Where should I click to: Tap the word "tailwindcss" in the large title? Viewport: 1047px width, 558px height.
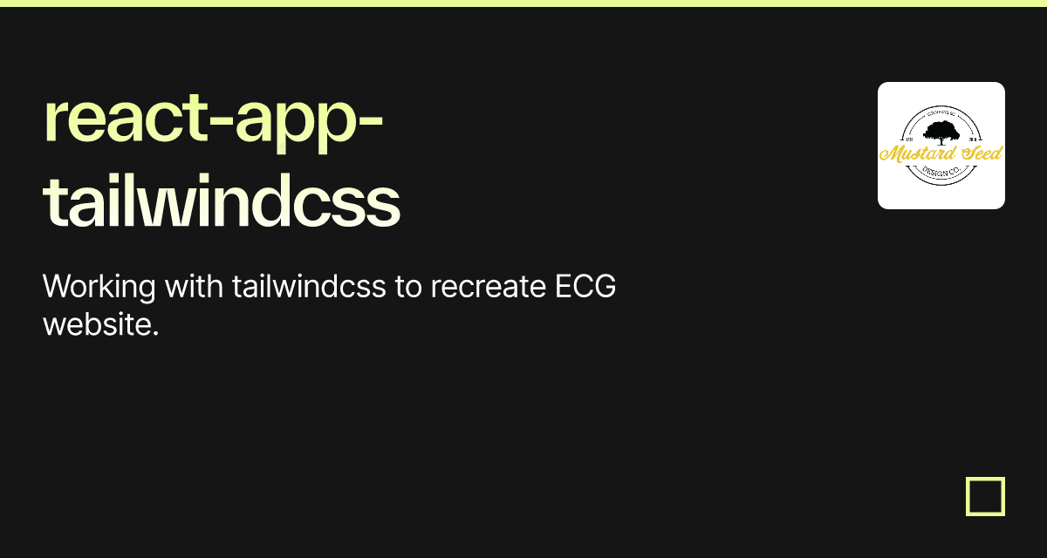click(x=222, y=202)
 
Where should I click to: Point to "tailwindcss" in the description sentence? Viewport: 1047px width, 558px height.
click(x=309, y=286)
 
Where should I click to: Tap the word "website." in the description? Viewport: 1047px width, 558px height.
click(x=100, y=325)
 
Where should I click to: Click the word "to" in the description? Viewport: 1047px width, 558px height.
click(x=408, y=286)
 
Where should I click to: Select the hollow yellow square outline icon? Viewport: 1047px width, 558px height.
click(x=985, y=496)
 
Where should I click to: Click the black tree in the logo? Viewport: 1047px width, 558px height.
click(x=941, y=133)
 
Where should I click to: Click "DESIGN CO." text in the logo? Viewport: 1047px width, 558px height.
click(x=941, y=173)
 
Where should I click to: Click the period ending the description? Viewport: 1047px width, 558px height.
click(x=155, y=334)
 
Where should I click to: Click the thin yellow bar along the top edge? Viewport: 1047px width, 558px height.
click(x=523, y=3)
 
